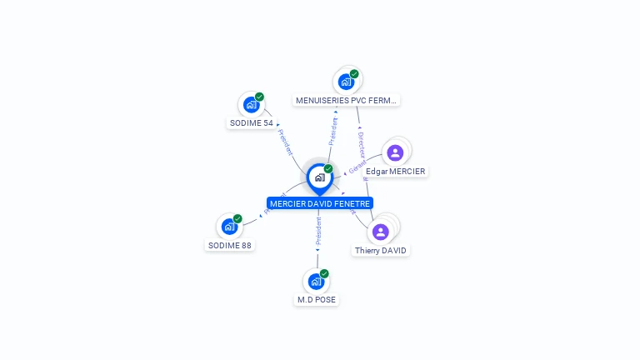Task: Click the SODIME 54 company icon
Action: click(x=251, y=105)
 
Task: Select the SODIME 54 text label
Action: click(x=251, y=123)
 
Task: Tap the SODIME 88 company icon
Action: click(x=228, y=227)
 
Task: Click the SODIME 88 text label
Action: click(x=229, y=245)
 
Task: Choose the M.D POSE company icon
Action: click(x=315, y=282)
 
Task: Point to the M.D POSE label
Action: click(x=317, y=299)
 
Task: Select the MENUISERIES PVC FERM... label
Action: click(x=347, y=100)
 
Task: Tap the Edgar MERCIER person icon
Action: click(x=395, y=152)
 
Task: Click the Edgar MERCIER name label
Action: click(x=395, y=172)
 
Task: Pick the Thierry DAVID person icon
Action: click(x=382, y=232)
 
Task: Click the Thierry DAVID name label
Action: click(x=381, y=250)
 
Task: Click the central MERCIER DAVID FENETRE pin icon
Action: click(x=319, y=177)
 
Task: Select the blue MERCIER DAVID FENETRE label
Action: click(x=319, y=203)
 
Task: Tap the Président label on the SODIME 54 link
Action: click(x=285, y=142)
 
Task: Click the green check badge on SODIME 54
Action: click(x=259, y=97)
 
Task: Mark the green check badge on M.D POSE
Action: click(x=324, y=273)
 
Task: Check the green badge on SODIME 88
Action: click(x=237, y=218)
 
